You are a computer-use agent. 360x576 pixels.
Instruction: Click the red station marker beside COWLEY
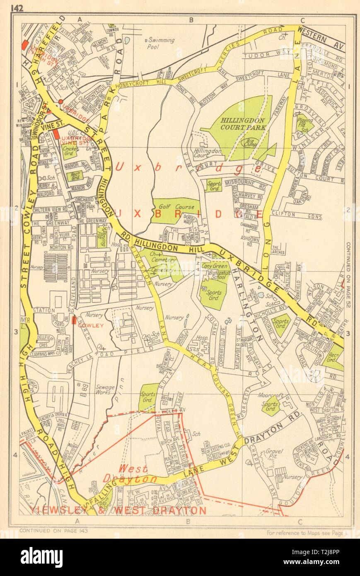[74, 320]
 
